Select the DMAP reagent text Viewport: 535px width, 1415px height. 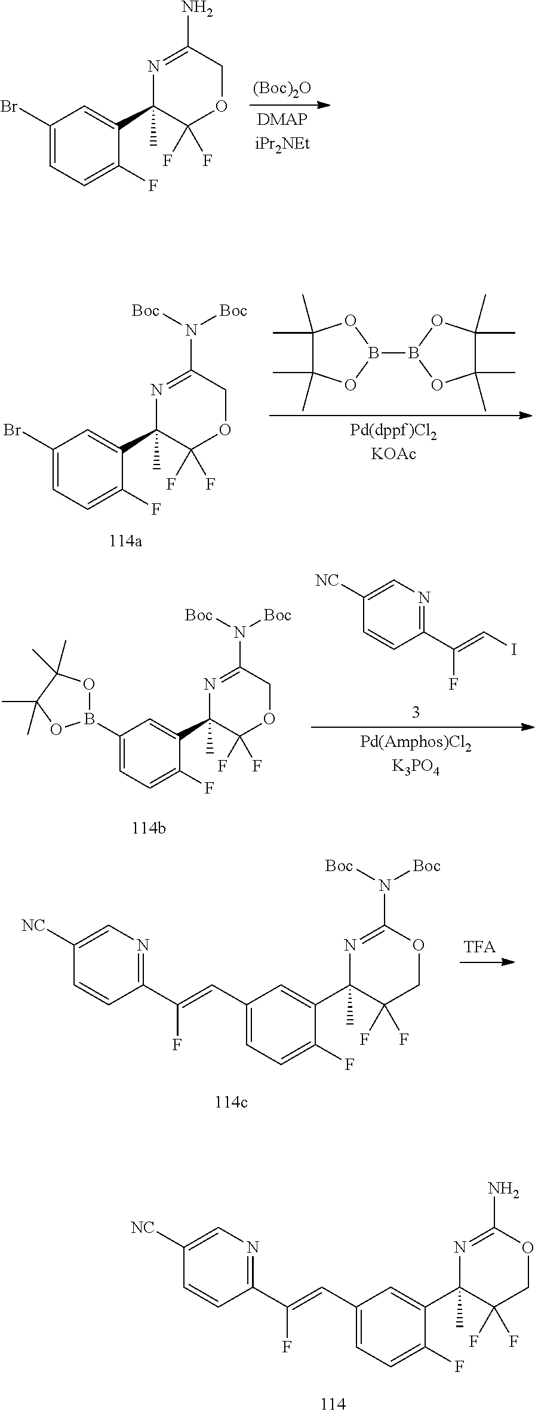(282, 119)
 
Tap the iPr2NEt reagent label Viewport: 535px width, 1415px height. (282, 144)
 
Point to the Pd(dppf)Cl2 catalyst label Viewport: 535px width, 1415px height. (393, 432)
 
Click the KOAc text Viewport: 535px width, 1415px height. (393, 454)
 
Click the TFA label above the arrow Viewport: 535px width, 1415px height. (479, 947)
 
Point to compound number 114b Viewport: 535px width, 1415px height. (149, 828)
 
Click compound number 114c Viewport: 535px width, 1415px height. (231, 1102)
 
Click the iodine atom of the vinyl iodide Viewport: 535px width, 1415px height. (514, 648)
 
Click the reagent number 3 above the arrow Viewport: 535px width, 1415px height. (416, 712)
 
